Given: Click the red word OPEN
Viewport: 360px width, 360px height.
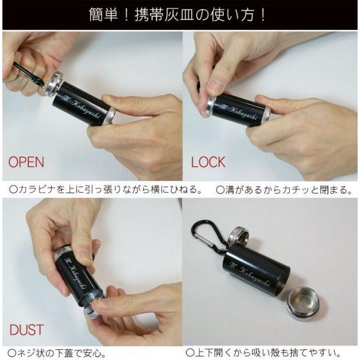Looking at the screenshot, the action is (x=26, y=162).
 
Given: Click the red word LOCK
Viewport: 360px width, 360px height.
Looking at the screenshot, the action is (x=208, y=162).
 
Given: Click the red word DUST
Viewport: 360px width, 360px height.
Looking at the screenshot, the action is (x=26, y=329).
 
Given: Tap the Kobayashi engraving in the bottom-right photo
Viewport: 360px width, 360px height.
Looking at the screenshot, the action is (x=251, y=274).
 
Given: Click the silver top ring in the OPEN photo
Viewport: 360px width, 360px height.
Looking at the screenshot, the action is (x=53, y=84).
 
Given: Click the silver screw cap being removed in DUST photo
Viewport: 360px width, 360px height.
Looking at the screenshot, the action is (x=91, y=314).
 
